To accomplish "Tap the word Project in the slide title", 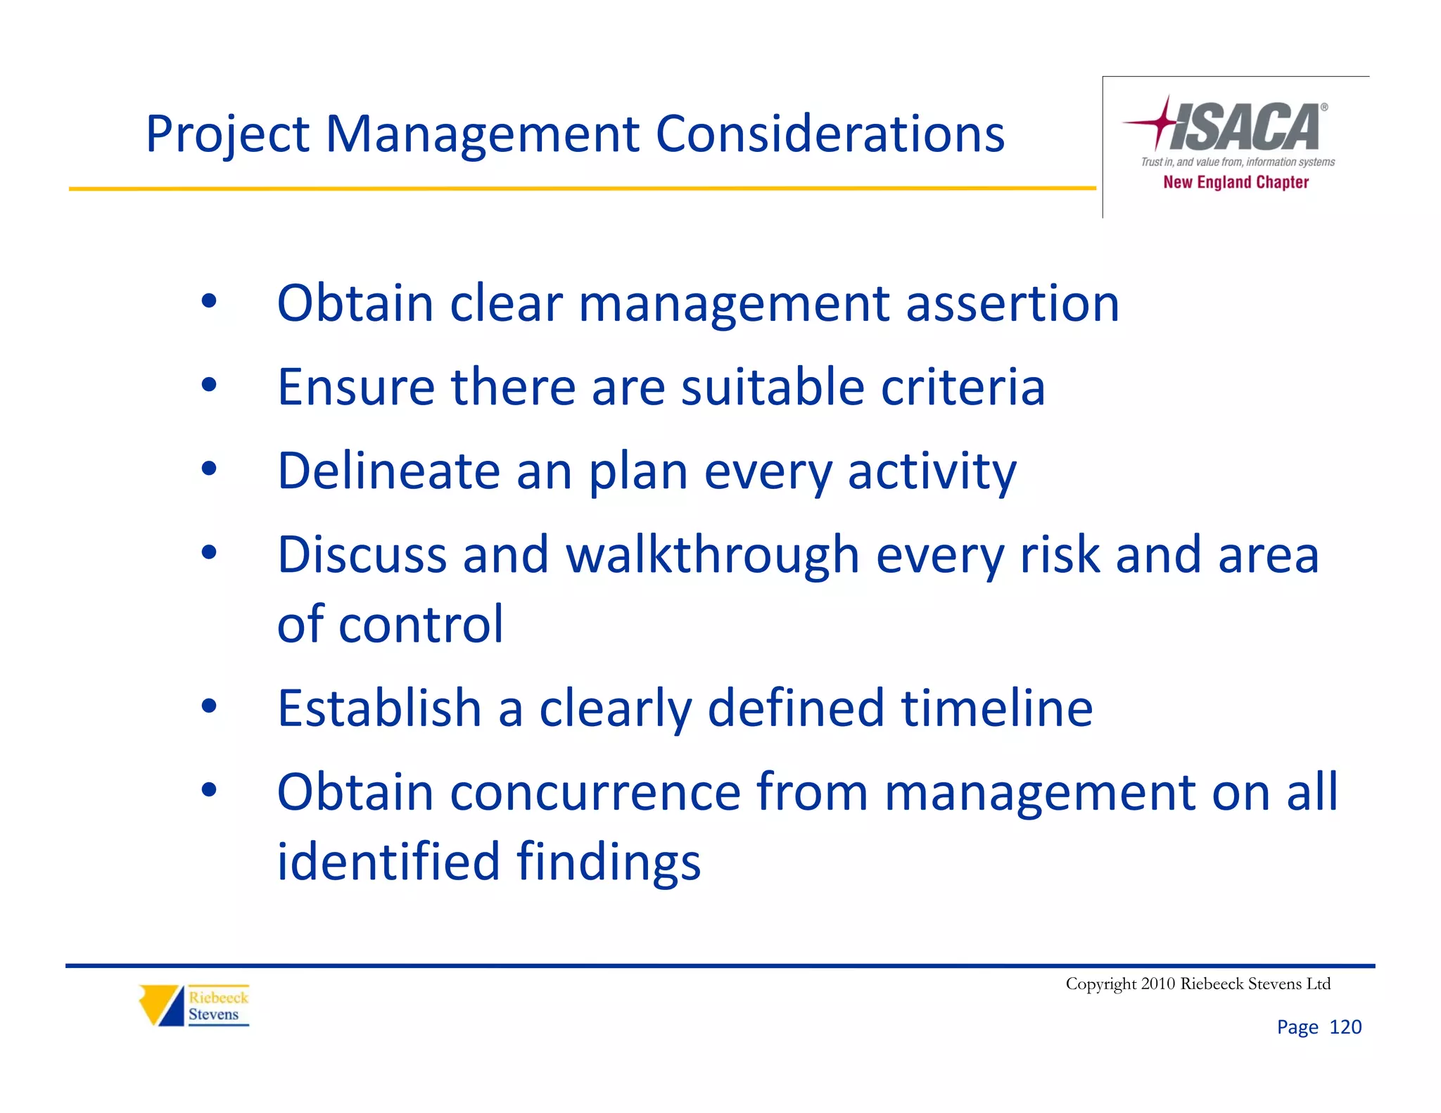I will pyautogui.click(x=227, y=135).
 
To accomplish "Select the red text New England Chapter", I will pyautogui.click(x=1236, y=182).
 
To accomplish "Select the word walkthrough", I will pyautogui.click(x=713, y=554).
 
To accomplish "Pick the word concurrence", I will pyautogui.click(x=595, y=792).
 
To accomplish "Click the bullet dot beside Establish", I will pyautogui.click(x=209, y=706).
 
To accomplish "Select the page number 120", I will pyautogui.click(x=1345, y=1027).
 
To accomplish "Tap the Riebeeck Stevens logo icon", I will pyautogui.click(x=161, y=1005).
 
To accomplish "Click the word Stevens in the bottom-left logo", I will pyautogui.click(x=213, y=1015).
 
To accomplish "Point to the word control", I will pyautogui.click(x=421, y=624).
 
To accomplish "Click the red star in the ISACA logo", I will pyautogui.click(x=1162, y=123).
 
